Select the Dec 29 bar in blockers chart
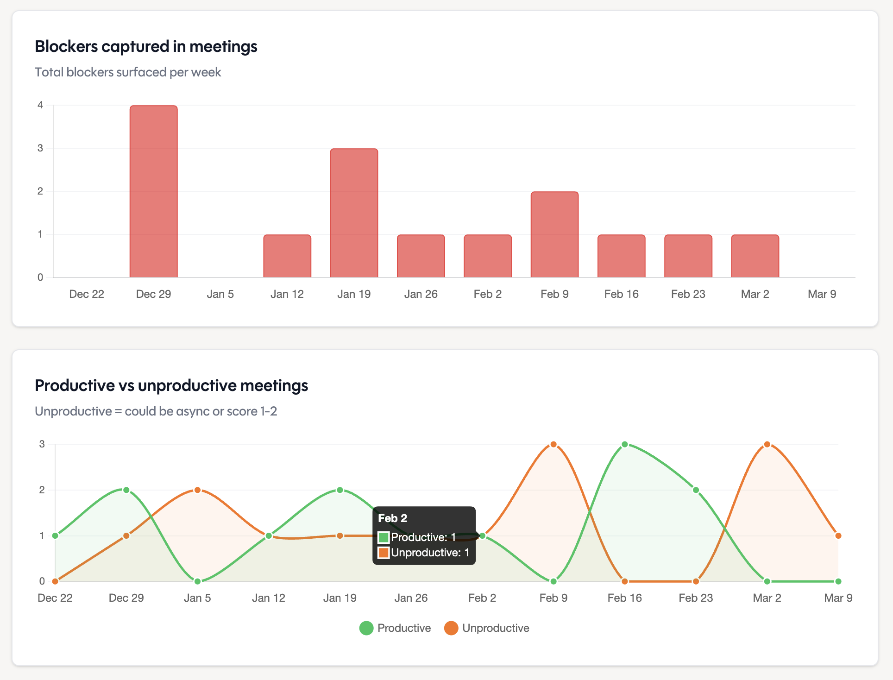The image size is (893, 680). [153, 191]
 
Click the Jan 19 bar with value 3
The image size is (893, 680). [354, 213]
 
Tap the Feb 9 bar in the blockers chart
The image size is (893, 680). [554, 234]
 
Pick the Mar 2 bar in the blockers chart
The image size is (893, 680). [755, 256]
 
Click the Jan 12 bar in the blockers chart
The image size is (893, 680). [287, 256]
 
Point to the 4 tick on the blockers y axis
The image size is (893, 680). [40, 105]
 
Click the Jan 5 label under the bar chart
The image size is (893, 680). [220, 294]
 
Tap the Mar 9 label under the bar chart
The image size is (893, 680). [822, 294]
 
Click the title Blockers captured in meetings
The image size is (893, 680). [146, 46]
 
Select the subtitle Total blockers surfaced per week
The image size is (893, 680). [128, 72]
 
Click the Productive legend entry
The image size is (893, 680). [395, 628]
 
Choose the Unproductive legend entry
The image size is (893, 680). [487, 628]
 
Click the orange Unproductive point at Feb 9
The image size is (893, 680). [553, 444]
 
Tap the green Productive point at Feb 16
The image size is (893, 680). [624, 444]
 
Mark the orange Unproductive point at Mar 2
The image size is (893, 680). [767, 444]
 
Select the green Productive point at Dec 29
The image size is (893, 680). [126, 490]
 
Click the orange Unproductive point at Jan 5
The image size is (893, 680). [197, 490]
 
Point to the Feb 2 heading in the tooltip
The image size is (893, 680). [392, 518]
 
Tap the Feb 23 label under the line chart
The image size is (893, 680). [696, 598]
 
